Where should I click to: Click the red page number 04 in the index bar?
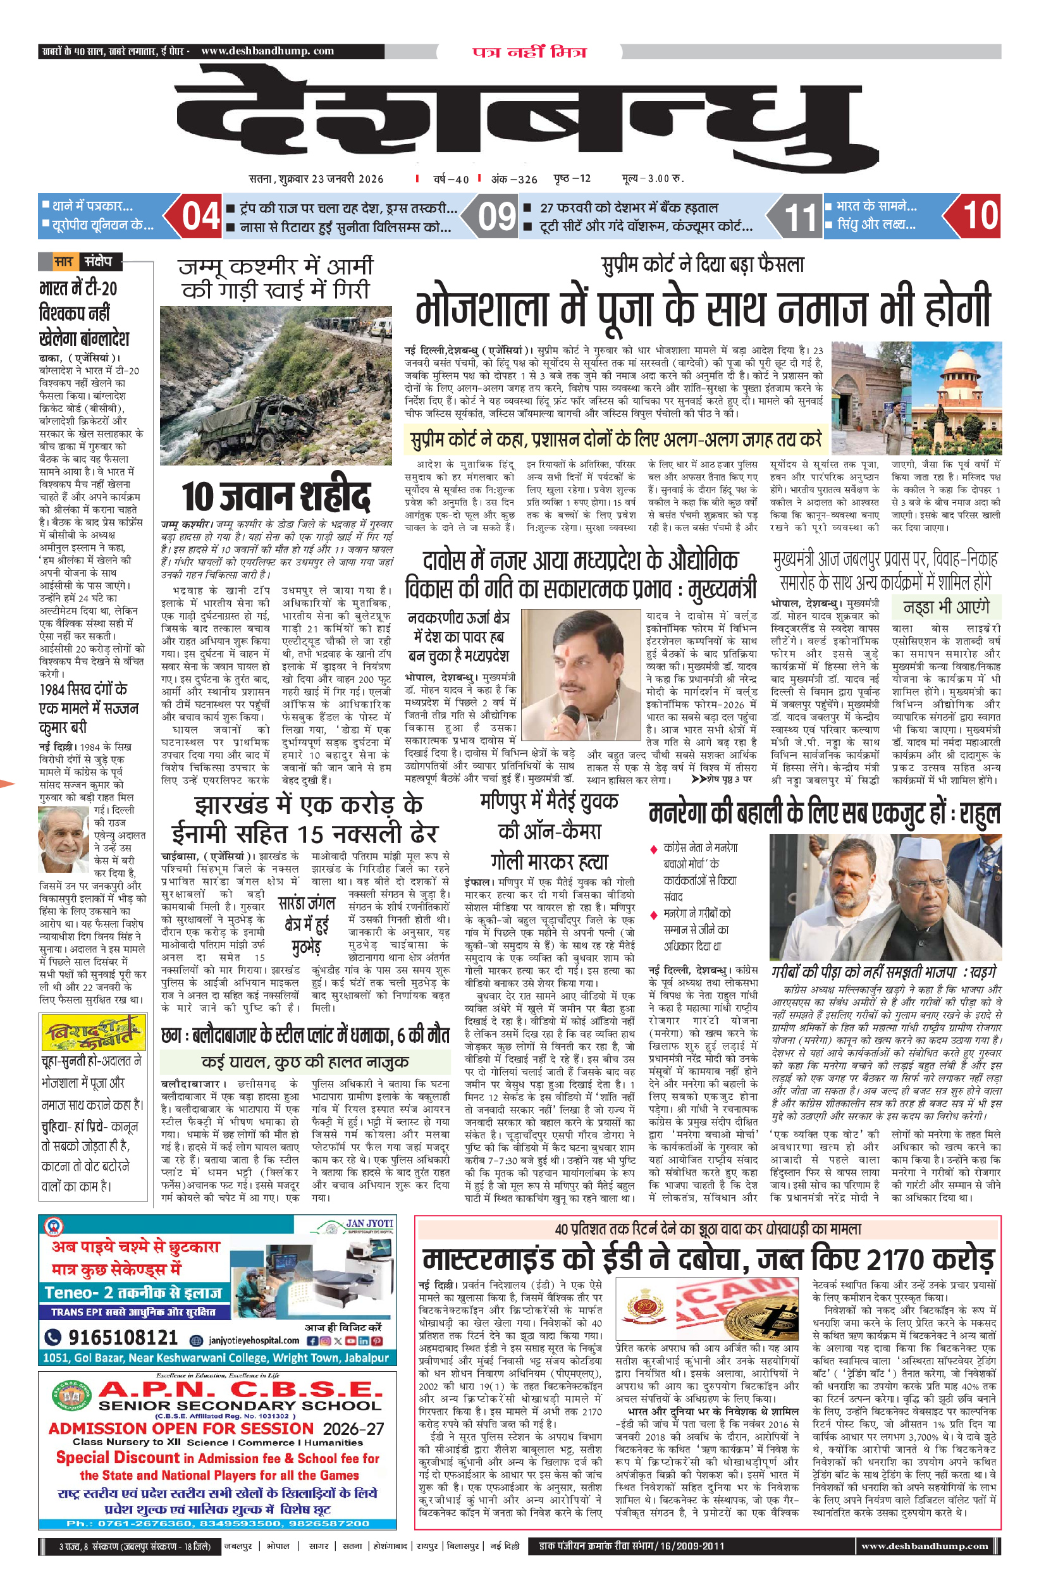[x=200, y=216]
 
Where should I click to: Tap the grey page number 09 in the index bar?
[x=497, y=216]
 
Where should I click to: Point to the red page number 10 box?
[x=979, y=216]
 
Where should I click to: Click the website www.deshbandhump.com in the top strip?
[x=267, y=51]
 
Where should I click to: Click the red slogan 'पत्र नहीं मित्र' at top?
[x=529, y=52]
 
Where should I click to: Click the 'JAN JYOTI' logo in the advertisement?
[x=369, y=1223]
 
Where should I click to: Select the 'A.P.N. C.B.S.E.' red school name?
[x=240, y=1389]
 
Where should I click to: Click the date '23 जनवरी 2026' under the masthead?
[x=347, y=178]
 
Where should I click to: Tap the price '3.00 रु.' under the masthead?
[x=665, y=178]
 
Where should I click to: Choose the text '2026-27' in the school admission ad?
[x=354, y=1429]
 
